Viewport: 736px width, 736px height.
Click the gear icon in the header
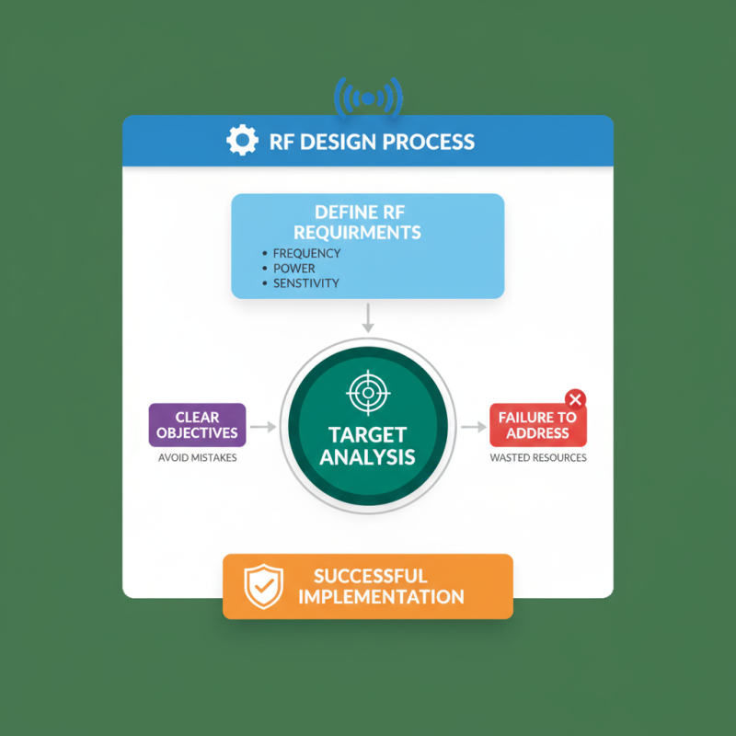(x=242, y=140)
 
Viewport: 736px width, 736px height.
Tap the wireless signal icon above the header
(x=369, y=98)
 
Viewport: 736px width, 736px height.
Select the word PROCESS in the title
(x=429, y=142)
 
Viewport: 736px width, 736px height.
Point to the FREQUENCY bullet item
(x=302, y=254)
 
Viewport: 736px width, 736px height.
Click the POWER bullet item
(x=289, y=269)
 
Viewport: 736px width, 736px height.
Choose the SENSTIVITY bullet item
(x=301, y=283)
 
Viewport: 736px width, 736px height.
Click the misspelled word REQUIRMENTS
(x=357, y=233)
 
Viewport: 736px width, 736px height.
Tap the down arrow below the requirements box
(x=369, y=317)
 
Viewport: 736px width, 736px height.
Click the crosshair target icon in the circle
(x=369, y=393)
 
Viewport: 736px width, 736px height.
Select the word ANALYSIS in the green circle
(x=367, y=456)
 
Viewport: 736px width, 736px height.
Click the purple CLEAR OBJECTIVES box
(x=197, y=425)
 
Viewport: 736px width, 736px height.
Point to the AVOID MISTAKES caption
(x=197, y=457)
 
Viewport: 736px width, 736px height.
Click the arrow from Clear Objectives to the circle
(x=263, y=427)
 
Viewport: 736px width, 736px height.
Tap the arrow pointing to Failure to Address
(x=474, y=427)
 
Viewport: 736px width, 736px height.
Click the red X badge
(x=576, y=400)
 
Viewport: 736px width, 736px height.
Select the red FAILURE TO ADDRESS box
(x=538, y=425)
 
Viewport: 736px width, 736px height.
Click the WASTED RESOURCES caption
(x=538, y=457)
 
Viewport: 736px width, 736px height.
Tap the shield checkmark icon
(x=264, y=586)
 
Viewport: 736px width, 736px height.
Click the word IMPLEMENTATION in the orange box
(x=381, y=597)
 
